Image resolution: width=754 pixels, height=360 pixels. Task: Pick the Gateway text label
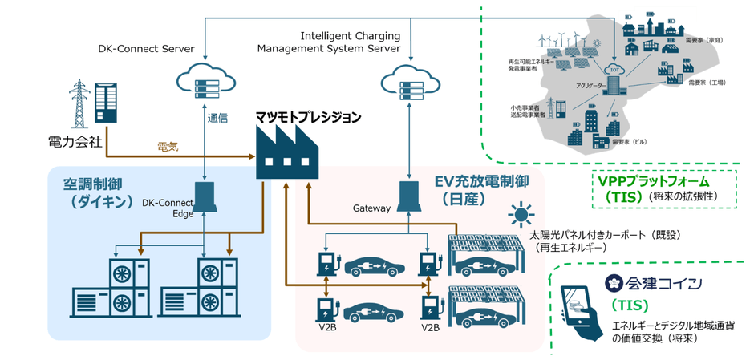(x=371, y=208)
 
